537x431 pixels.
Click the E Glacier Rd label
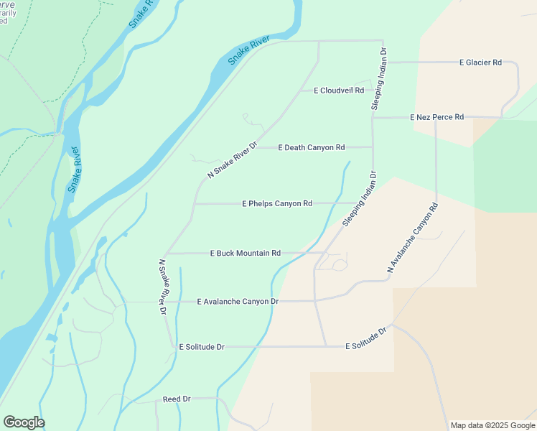tap(480, 62)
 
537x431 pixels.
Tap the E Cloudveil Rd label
tap(339, 91)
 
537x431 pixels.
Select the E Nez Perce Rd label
tap(436, 116)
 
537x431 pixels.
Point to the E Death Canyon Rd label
tap(311, 147)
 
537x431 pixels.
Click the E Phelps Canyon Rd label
tap(277, 203)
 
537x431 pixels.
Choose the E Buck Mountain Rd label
tap(244, 253)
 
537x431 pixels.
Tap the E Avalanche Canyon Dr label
tap(237, 302)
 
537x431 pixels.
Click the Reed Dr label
tap(177, 399)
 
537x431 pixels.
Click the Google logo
tap(24, 422)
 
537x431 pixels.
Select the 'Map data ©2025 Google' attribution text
tap(492, 425)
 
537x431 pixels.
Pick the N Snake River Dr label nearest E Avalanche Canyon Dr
tap(163, 287)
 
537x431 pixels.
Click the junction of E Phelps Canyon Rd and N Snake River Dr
tap(195, 203)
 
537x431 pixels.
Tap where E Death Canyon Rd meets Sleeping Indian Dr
tap(372, 147)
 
